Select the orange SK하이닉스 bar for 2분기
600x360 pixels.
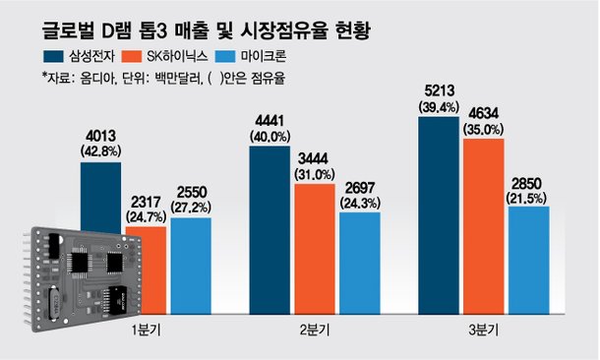pos(315,250)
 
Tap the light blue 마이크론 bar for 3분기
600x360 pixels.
pos(528,261)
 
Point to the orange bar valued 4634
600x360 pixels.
pos(483,227)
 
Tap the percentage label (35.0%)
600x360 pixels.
pos(484,128)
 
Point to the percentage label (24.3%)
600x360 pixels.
pos(358,202)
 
